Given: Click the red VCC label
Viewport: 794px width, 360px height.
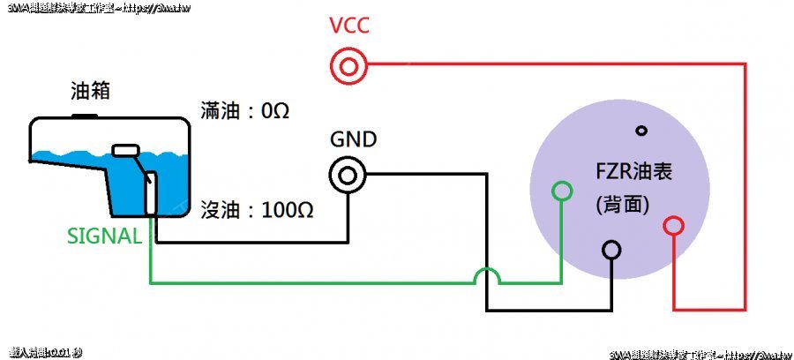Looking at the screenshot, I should [x=349, y=26].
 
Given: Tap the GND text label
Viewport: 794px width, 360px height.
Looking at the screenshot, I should [x=353, y=139].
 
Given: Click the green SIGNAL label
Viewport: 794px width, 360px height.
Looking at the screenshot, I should [x=104, y=236].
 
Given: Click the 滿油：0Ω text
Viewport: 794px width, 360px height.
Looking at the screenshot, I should [x=246, y=112].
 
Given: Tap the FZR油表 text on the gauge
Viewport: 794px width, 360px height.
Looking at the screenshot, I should [x=634, y=171].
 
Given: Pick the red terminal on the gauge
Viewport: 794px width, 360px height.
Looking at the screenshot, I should [x=674, y=227].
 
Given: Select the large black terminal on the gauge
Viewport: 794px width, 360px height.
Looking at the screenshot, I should [x=611, y=251].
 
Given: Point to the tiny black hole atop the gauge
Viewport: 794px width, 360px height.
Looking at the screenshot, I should [x=641, y=131].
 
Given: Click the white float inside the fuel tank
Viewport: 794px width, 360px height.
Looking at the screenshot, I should [x=127, y=150].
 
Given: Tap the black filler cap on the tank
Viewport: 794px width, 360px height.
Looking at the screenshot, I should [x=85, y=115].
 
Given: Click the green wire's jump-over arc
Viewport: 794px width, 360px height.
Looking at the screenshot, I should [x=488, y=275].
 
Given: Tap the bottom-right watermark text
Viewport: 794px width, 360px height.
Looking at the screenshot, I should [x=697, y=354].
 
